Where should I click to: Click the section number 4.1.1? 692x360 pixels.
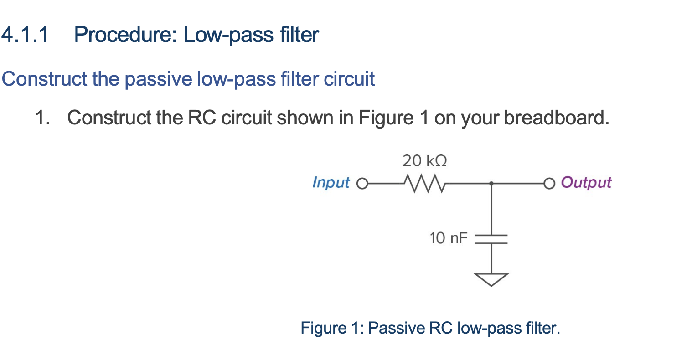coord(25,35)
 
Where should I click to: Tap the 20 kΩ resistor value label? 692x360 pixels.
coord(424,161)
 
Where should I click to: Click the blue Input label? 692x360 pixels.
coord(331,182)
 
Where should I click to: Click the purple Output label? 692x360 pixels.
coord(586,182)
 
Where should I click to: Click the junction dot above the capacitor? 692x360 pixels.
coord(491,184)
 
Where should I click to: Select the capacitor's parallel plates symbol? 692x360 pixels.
coord(491,239)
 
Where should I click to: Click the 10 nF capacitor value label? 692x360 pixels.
coord(449,238)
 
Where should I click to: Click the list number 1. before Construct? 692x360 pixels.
coord(42,118)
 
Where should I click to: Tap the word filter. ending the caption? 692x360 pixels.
coord(542,328)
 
